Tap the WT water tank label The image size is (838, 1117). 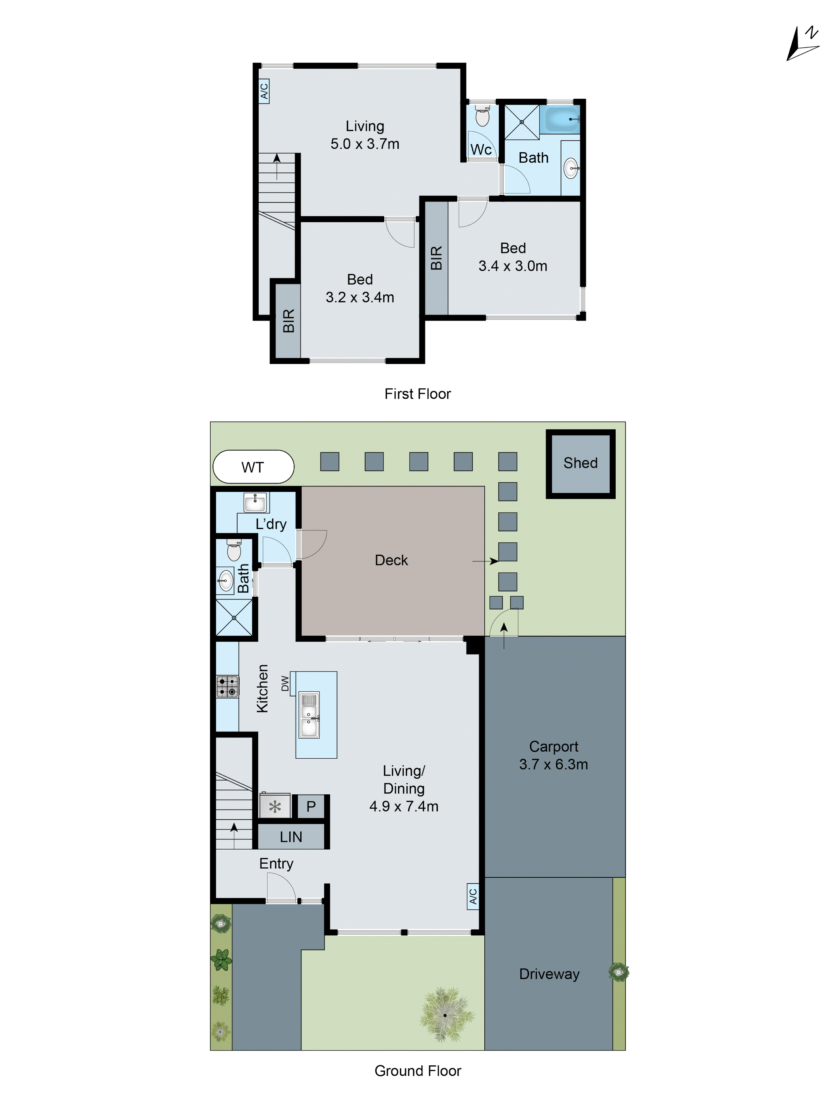pyautogui.click(x=253, y=467)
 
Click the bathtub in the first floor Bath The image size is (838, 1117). pyautogui.click(x=562, y=120)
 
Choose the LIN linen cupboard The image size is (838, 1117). pyautogui.click(x=291, y=837)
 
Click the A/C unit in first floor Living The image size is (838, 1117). pyautogui.click(x=264, y=91)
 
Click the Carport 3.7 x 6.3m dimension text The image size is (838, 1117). pyautogui.click(x=554, y=764)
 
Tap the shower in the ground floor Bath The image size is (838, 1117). pyautogui.click(x=234, y=618)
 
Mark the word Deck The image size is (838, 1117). pyautogui.click(x=391, y=560)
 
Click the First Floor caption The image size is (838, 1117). pyautogui.click(x=417, y=394)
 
